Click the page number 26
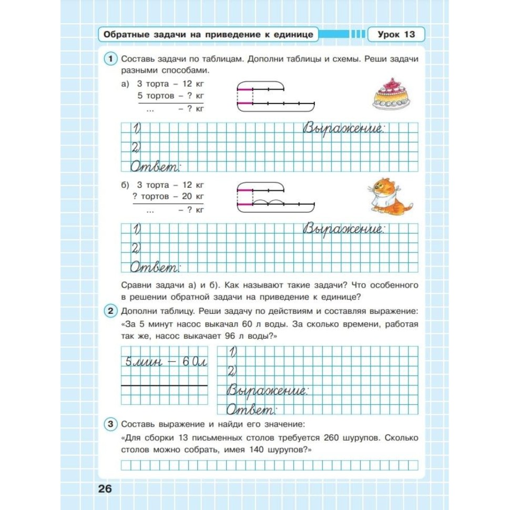click(x=105, y=488)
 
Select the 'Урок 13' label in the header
click(x=396, y=35)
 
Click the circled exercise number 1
click(x=110, y=59)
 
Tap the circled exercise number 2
click(x=110, y=311)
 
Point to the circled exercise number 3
click(x=110, y=424)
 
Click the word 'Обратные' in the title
click(x=124, y=35)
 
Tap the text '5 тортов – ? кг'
click(x=170, y=96)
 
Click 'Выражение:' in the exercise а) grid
click(x=344, y=129)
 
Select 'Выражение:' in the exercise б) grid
click(x=344, y=230)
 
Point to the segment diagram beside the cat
click(x=276, y=197)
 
